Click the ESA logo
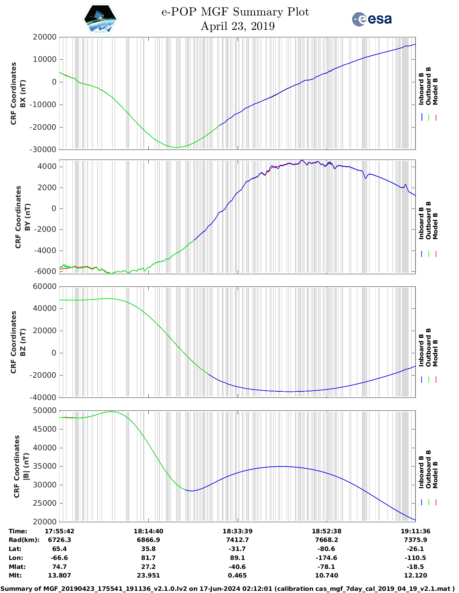[x=372, y=19]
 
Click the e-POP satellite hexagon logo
[x=100, y=19]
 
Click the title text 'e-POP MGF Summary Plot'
[x=235, y=12]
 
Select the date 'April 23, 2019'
[x=238, y=26]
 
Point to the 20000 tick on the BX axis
[x=45, y=37]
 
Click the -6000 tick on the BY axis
[x=45, y=271]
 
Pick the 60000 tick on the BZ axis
[x=45, y=286]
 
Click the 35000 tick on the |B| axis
[x=45, y=466]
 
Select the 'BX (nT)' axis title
[x=23, y=93]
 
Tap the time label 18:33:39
[x=237, y=531]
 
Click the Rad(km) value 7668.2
[x=327, y=540]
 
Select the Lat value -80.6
[x=327, y=549]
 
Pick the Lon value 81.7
[x=148, y=558]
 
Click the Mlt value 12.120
[x=415, y=575]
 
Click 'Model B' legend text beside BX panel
[x=435, y=92]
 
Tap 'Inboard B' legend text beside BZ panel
[x=421, y=350]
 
